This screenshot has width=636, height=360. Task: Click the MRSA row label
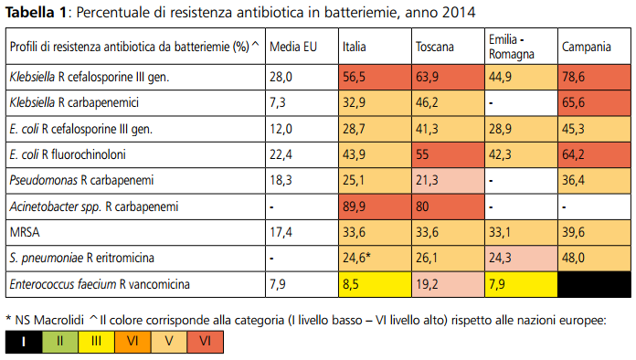point(25,232)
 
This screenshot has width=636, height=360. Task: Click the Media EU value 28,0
point(281,78)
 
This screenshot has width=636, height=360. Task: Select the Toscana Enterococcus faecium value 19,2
point(429,284)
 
